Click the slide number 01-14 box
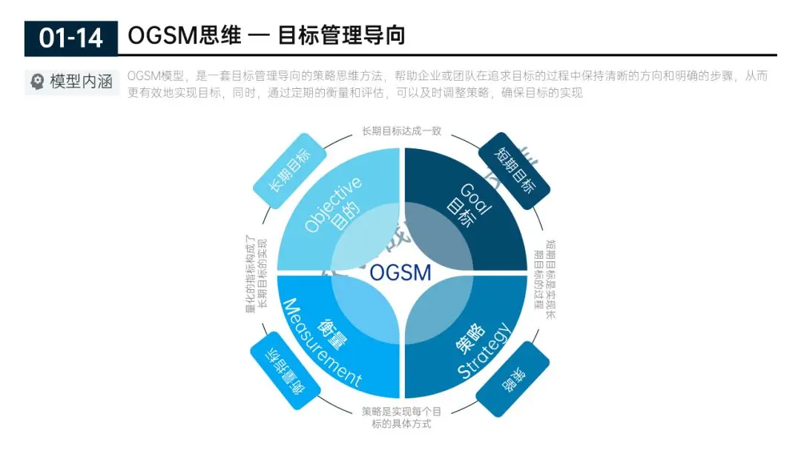(70, 37)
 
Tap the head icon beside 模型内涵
(37, 82)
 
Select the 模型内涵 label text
(82, 82)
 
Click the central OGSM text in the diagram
(400, 272)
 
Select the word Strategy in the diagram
(484, 352)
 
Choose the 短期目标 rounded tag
(513, 170)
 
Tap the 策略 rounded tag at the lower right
(512, 378)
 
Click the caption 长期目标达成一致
(401, 131)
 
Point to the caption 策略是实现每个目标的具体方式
(401, 418)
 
